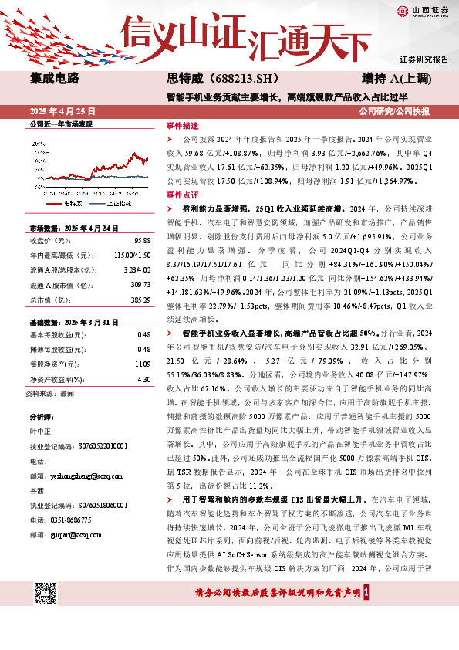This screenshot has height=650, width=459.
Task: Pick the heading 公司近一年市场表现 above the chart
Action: (61, 124)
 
